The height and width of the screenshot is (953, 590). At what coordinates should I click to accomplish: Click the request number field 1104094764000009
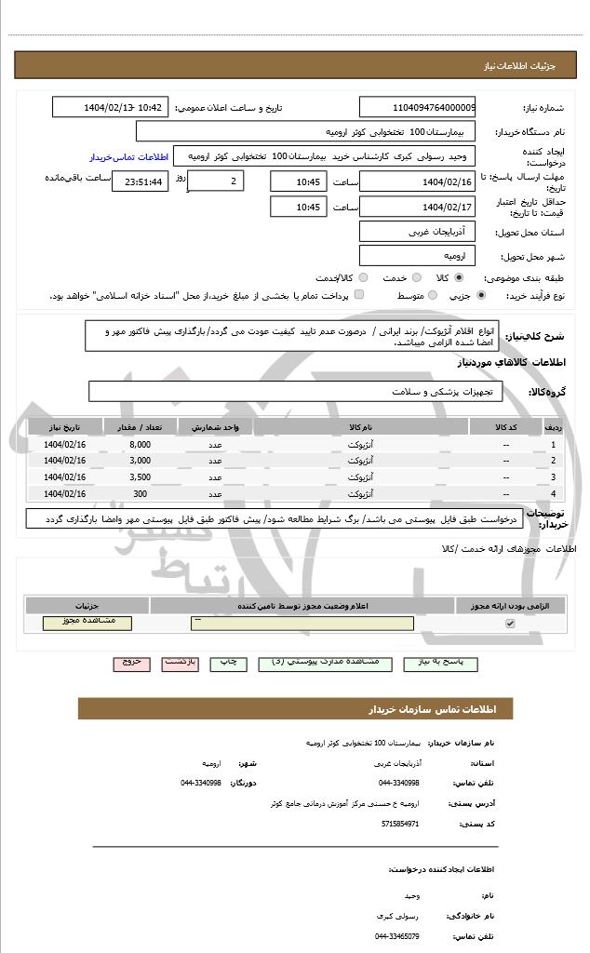[417, 108]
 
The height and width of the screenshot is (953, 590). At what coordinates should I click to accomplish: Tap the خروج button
[130, 663]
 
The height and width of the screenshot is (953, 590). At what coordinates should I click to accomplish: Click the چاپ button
[229, 663]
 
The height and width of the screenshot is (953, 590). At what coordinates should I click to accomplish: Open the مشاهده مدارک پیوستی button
[324, 663]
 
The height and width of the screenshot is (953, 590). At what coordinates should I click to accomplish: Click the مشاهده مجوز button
[87, 623]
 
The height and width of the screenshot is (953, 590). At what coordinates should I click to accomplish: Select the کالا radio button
[460, 277]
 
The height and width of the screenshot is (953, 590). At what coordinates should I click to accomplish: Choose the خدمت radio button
[415, 277]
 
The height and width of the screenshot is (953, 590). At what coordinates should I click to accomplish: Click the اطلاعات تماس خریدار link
[128, 157]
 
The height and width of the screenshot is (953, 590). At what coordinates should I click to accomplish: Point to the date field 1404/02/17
[417, 207]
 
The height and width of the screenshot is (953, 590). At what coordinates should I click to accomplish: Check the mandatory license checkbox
[510, 624]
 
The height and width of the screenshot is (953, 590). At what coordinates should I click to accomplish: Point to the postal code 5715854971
[400, 823]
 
